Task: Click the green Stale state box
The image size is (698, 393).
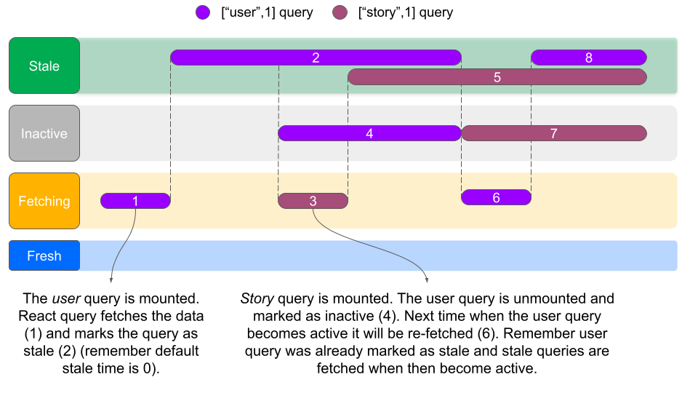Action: [x=44, y=65]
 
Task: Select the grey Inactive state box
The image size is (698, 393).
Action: [x=44, y=133]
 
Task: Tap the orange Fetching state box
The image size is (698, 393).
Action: [x=44, y=201]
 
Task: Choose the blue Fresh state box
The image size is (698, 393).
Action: [x=44, y=255]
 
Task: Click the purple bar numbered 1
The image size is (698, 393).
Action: [x=135, y=201]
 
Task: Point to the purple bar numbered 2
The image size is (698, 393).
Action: [x=316, y=57]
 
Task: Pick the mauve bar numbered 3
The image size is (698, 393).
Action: [x=313, y=201]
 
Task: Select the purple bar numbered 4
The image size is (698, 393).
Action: [x=369, y=133]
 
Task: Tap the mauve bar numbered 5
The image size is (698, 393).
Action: [x=497, y=76]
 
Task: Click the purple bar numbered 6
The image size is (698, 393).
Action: [x=496, y=197]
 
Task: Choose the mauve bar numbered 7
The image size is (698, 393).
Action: [x=553, y=133]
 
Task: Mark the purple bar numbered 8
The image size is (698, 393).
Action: [x=589, y=57]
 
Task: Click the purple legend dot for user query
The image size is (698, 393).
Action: [x=203, y=12]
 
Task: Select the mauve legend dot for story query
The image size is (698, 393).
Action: [x=340, y=12]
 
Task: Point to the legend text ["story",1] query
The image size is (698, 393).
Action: [x=405, y=12]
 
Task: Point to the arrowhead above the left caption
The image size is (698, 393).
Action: [x=111, y=279]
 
